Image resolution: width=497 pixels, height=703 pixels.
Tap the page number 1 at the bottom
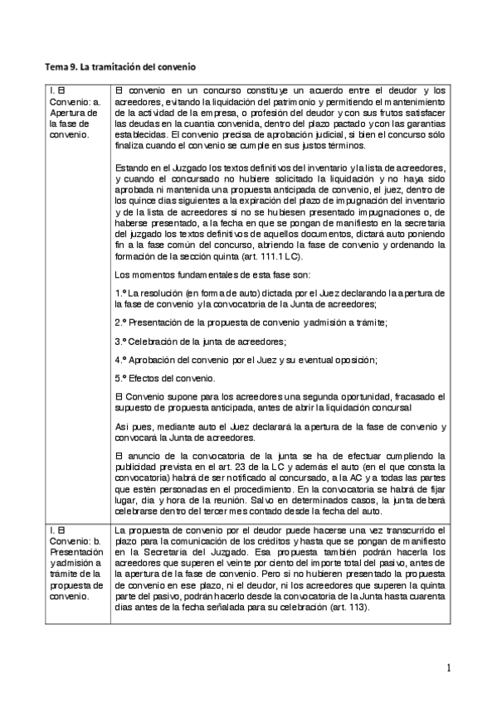point(447,667)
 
